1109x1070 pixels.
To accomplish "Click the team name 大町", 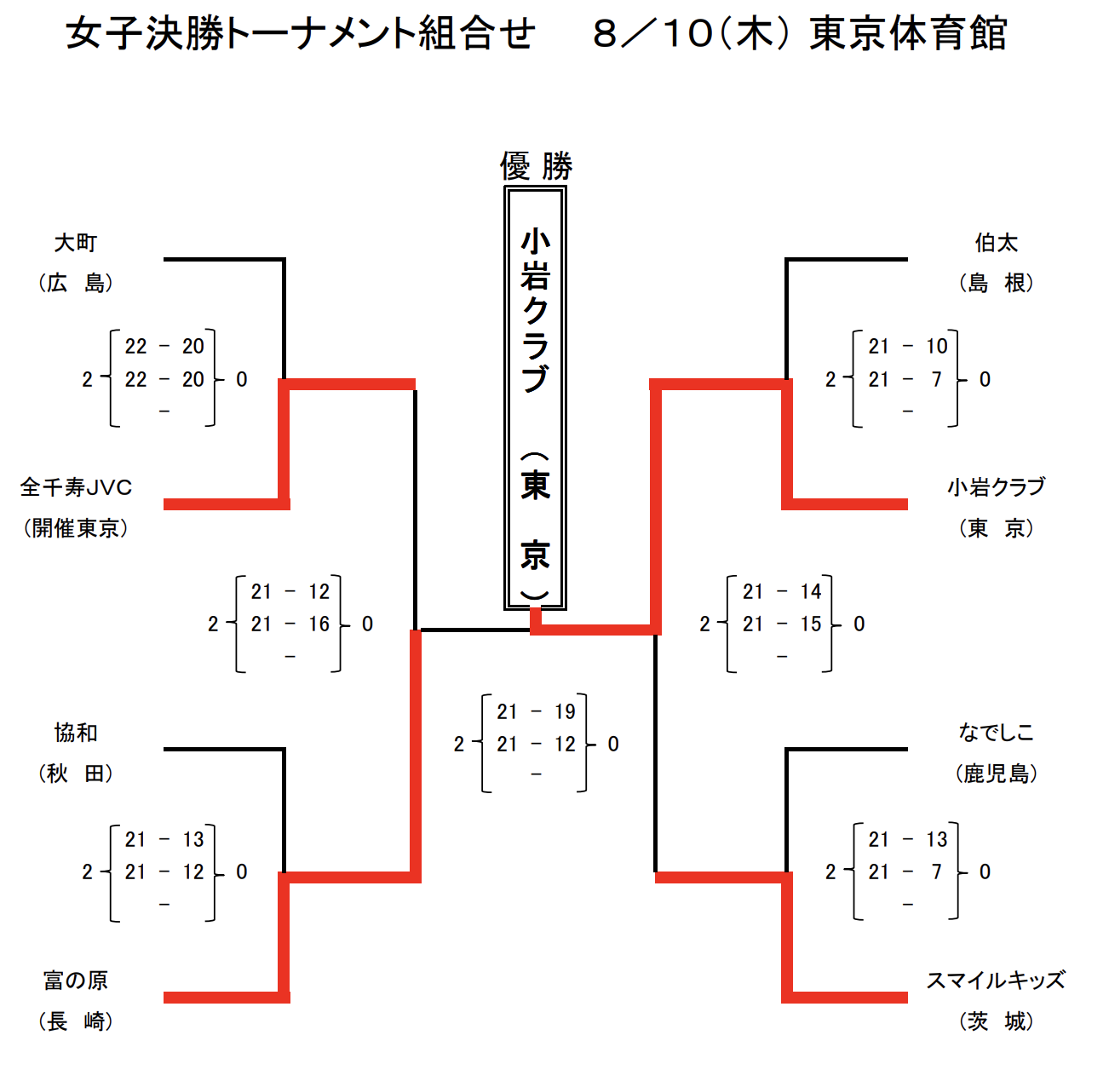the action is click(75, 243).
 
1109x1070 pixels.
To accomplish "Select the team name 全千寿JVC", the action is click(76, 487).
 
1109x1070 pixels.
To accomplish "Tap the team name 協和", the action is click(76, 733).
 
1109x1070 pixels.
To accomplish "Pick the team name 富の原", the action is click(76, 980).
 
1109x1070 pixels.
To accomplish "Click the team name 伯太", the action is click(997, 243).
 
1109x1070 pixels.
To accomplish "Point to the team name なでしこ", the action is click(997, 733).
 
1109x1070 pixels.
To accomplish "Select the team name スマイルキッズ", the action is click(996, 980).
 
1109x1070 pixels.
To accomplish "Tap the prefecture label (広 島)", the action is click(76, 284).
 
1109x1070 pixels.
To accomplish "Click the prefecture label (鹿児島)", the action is click(997, 774).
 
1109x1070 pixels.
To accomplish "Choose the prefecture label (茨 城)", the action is click(997, 1021).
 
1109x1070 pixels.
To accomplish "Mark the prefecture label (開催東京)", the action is click(76, 528).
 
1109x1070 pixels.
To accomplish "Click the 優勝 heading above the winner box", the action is click(537, 166).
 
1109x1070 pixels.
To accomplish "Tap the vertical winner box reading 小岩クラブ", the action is click(535, 398).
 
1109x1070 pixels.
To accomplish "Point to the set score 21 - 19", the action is click(536, 711).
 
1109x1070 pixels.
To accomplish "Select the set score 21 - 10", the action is click(907, 346).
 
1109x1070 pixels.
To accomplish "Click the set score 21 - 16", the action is click(290, 624).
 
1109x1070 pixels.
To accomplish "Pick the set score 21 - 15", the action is click(782, 624).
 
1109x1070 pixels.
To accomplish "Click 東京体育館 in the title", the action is click(908, 33).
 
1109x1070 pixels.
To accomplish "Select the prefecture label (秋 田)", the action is click(76, 774).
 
